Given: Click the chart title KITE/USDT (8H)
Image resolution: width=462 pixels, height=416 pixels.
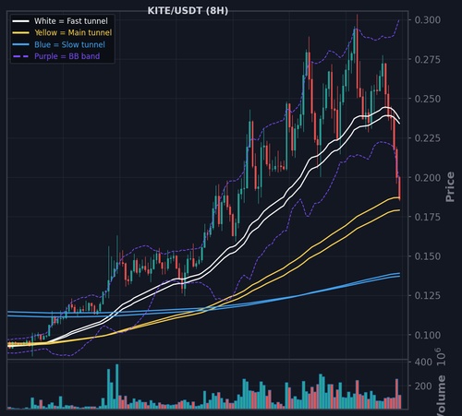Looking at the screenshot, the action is point(188,11).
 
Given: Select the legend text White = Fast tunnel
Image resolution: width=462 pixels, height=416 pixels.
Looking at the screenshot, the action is point(71,21).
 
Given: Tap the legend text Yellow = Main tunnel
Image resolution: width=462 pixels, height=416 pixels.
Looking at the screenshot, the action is point(73,32).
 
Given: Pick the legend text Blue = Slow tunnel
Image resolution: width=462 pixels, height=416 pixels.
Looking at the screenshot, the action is point(69,44).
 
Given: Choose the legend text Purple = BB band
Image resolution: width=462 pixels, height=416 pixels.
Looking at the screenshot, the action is point(67,56).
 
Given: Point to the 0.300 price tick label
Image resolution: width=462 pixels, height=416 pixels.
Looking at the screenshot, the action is point(428,20).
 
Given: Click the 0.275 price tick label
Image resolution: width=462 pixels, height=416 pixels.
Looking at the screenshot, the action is point(428,59).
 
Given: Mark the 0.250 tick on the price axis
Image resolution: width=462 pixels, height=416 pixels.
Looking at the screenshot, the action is point(428,99).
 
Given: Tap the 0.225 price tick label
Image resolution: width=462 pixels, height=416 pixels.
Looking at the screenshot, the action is point(428,138).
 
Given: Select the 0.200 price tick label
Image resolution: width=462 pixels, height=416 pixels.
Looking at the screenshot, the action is point(428,177).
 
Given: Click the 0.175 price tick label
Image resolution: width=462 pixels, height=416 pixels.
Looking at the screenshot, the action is point(428,217).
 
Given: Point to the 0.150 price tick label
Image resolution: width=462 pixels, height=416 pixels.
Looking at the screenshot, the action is point(428,256).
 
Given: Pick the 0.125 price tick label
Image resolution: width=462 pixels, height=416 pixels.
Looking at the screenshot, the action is point(428,295).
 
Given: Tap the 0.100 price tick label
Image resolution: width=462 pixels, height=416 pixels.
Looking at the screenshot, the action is point(428,335).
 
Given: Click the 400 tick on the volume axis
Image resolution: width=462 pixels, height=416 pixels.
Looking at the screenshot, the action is point(423,363).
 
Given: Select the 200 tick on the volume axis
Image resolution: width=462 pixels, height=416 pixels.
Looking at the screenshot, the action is point(423,386).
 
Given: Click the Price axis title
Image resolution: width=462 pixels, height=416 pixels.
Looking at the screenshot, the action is point(450,187).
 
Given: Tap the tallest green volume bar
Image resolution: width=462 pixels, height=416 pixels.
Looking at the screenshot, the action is point(117,386).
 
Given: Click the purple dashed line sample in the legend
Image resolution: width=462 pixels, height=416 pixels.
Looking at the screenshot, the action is point(21,56).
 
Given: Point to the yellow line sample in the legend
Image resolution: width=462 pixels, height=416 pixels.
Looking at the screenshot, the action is point(21,32).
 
